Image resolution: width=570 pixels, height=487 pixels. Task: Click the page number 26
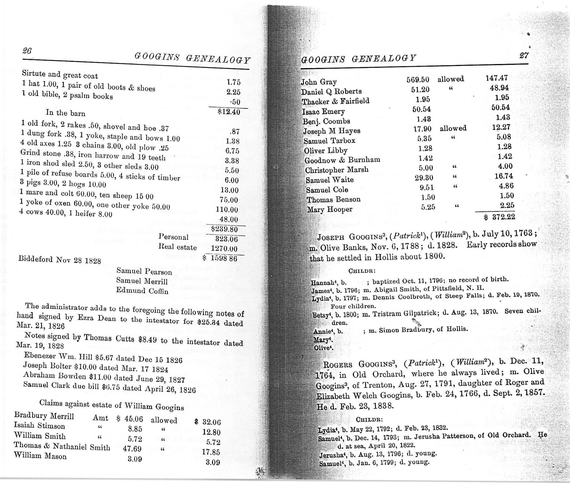tap(27, 51)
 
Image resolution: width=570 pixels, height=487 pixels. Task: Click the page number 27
tap(524, 56)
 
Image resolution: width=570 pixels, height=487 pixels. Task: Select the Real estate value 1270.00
tap(224, 249)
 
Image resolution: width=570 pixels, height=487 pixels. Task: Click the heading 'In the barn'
tap(65, 113)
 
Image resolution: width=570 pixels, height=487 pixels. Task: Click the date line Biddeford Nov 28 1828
tap(59, 260)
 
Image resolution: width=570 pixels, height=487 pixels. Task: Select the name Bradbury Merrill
tap(44, 416)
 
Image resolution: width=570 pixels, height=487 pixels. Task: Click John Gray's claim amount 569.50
tap(418, 80)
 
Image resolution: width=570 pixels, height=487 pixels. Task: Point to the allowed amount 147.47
tap(497, 78)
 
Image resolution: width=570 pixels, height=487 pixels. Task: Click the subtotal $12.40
tap(229, 112)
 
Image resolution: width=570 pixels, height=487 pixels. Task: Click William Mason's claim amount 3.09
tap(134, 459)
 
